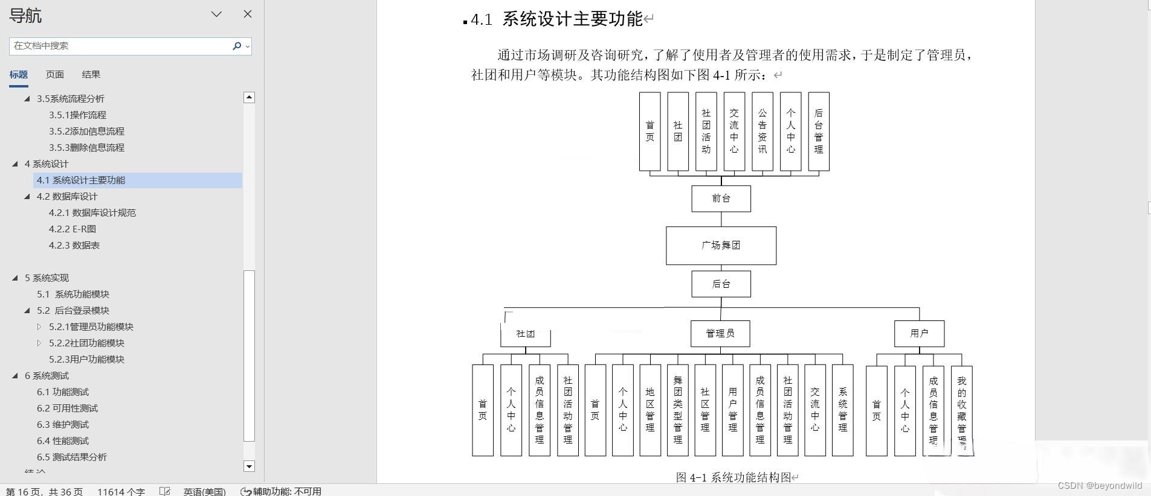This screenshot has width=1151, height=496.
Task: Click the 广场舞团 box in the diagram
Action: pos(721,246)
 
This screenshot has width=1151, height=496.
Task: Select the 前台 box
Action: pos(721,199)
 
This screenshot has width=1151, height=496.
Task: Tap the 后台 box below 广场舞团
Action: pos(721,284)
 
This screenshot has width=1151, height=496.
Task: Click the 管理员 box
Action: pos(720,334)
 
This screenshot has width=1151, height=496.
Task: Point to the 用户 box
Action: pos(919,334)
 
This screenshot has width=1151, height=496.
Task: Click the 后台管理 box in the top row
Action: pos(819,132)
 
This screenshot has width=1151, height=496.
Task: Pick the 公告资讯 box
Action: pos(762,132)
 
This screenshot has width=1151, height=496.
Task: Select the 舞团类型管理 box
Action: pos(678,410)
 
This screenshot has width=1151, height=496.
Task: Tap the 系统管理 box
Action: pos(843,410)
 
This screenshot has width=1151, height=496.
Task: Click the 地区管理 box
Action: pos(650,410)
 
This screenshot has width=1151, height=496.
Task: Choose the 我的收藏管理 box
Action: pos(962,410)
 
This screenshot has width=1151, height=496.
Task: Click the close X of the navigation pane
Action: pos(248,14)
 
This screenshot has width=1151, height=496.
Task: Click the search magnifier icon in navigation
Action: pos(237,46)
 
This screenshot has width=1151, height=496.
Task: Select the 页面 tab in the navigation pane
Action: pos(54,75)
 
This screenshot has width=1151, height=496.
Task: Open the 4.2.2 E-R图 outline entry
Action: pos(73,229)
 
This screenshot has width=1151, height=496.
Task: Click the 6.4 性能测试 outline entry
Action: pos(63,441)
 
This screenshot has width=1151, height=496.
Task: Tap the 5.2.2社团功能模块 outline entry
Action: pos(86,343)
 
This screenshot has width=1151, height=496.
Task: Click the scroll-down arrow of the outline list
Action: pos(249,466)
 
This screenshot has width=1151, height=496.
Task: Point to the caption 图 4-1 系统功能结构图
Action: pos(733,477)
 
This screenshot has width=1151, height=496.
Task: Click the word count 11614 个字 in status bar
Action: pos(121,491)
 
